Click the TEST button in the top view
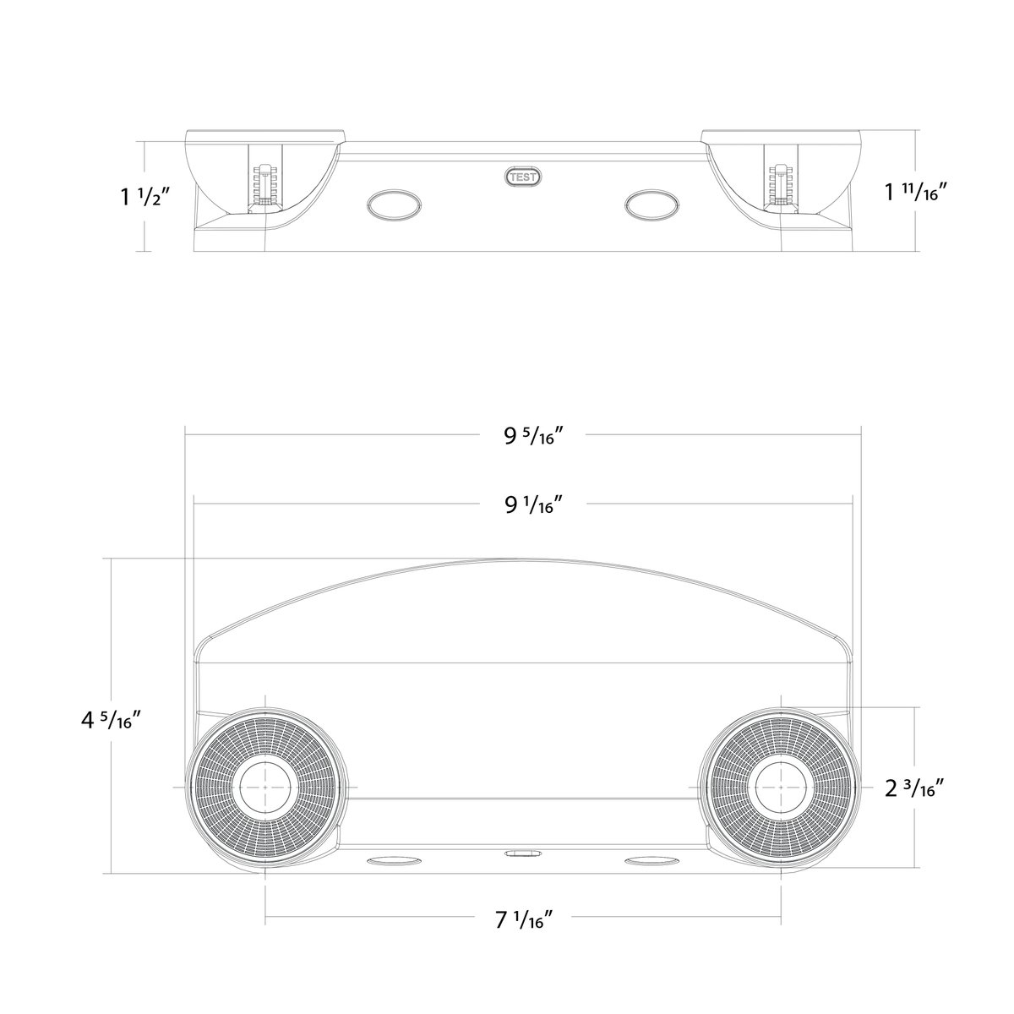(x=523, y=177)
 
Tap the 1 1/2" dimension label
(x=145, y=197)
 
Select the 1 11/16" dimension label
(x=916, y=192)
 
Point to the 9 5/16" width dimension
(x=533, y=436)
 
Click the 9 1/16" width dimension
(x=533, y=504)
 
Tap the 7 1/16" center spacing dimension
(x=524, y=920)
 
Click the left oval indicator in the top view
(x=394, y=204)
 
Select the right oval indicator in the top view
(x=651, y=204)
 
